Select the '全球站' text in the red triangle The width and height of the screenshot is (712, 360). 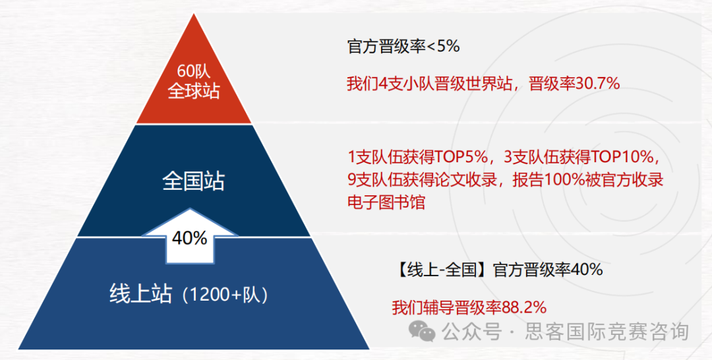(194, 91)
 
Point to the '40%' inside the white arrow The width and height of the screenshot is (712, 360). (190, 238)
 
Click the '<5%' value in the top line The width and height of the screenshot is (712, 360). (445, 47)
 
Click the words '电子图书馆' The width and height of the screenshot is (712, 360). (386, 202)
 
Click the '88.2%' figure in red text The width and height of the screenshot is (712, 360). (524, 307)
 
